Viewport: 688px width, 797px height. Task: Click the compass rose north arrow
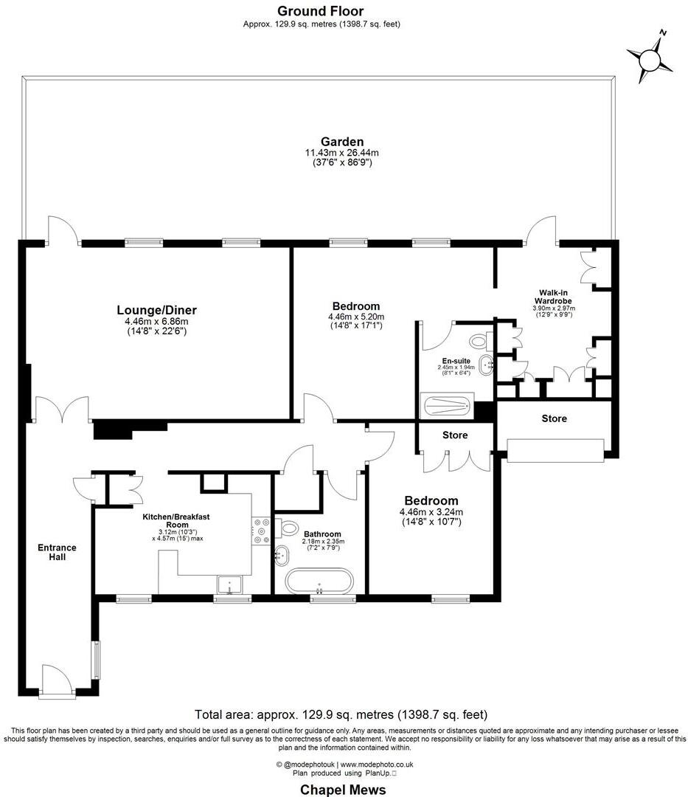coord(650,57)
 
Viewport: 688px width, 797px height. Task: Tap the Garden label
coord(341,142)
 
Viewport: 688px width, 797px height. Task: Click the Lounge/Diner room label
coord(156,310)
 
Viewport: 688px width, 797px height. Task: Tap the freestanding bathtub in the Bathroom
coord(320,581)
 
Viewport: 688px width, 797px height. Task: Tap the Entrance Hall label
coord(58,552)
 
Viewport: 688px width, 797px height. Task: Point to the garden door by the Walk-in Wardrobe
coord(542,230)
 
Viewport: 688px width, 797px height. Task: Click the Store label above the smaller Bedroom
coord(455,435)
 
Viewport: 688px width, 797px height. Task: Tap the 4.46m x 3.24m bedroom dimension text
coord(428,512)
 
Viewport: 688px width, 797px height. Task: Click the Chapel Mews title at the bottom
coord(343,790)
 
